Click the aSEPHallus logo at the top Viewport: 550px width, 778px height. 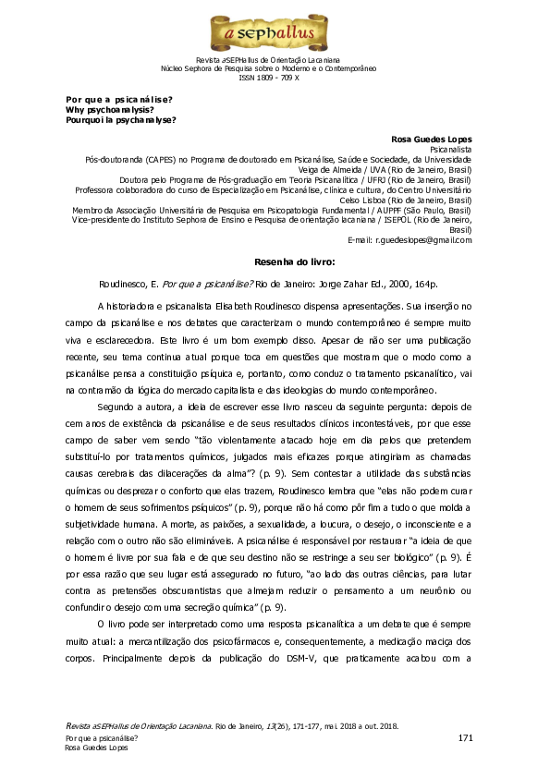pos(274,34)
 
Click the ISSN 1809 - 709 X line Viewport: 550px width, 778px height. pos(275,78)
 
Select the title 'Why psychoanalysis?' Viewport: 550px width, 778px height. pos(110,109)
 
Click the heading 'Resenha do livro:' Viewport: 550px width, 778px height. pos(274,261)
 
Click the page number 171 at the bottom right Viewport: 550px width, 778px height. pos(465,737)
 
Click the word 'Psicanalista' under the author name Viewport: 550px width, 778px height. pos(451,148)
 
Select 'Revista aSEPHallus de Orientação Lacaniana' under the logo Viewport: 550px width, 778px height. pos(274,59)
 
